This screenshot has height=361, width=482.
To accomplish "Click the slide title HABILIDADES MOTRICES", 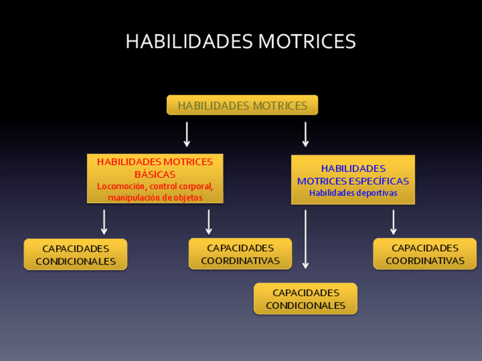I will tap(240, 41).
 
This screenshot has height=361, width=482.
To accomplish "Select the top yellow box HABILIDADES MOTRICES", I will tap(242, 106).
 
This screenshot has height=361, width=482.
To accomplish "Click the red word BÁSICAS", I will tap(155, 174).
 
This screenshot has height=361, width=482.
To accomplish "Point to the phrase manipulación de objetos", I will tap(155, 198).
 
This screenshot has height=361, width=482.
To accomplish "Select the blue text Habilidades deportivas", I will tap(353, 193).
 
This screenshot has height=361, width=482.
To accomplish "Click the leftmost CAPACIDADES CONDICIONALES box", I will tap(76, 255).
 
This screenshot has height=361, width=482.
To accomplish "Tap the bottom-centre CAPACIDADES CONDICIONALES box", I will tap(305, 299).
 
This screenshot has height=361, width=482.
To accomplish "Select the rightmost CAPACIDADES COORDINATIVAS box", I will tap(425, 254).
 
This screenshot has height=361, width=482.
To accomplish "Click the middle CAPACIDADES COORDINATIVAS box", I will tap(240, 254).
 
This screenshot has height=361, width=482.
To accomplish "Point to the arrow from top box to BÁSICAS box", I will tap(186, 135).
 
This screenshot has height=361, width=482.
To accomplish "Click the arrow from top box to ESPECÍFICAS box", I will tap(305, 135).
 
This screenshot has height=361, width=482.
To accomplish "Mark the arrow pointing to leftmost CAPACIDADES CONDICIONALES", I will tap(104, 222).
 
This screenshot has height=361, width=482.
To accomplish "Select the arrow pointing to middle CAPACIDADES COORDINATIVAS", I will tap(209, 222).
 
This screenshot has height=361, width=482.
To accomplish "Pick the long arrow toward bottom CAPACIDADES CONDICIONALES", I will tap(305, 239).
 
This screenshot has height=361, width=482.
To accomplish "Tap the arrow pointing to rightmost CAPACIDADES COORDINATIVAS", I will tap(393, 222).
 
